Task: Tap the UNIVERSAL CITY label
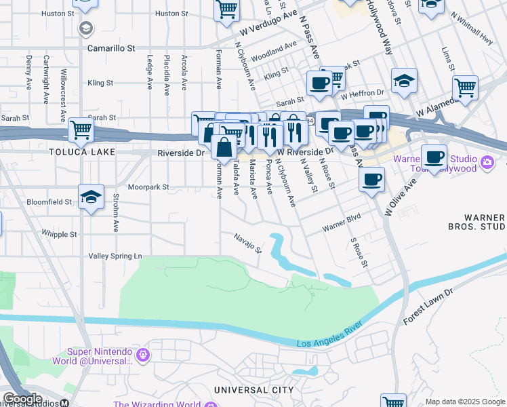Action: [x=254, y=390]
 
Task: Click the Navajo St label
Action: [x=247, y=241]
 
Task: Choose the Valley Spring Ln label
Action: [x=116, y=256]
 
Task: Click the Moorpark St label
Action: [x=148, y=186]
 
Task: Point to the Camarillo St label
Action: [x=112, y=49]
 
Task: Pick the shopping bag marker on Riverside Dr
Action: [x=224, y=147]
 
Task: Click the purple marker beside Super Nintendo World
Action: [x=143, y=355]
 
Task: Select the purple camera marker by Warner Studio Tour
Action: [x=487, y=163]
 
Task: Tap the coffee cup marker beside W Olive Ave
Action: [x=371, y=180]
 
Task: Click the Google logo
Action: [x=22, y=399]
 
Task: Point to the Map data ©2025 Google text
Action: [x=465, y=402]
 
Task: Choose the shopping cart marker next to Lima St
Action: [x=465, y=87]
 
